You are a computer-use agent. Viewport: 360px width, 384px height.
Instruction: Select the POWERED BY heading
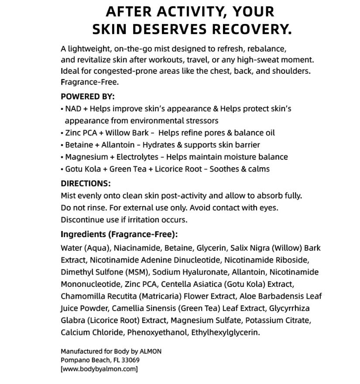(x=88, y=96)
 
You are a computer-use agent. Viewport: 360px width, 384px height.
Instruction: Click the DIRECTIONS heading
(x=86, y=184)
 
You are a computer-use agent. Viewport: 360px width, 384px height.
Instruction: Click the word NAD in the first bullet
(x=73, y=109)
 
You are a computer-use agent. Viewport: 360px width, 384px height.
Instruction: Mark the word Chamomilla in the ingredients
(x=81, y=296)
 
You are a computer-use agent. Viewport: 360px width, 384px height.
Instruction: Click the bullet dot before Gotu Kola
(x=62, y=169)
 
